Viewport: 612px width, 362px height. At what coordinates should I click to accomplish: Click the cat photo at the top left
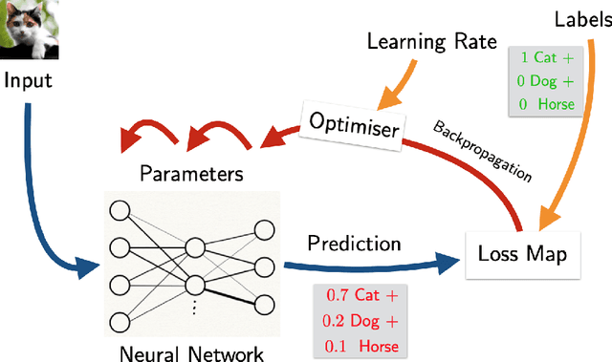[x=28, y=28]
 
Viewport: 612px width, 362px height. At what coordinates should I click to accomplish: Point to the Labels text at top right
[x=576, y=18]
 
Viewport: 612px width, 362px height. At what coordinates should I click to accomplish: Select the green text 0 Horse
[x=544, y=103]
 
